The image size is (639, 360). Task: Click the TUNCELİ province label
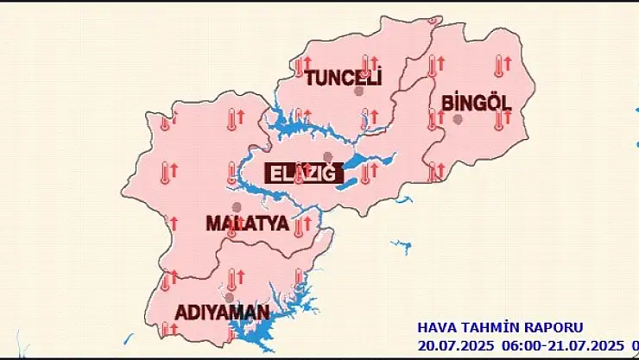(x=343, y=78)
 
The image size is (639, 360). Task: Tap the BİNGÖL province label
(x=476, y=103)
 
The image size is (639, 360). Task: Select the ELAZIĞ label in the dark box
(x=301, y=173)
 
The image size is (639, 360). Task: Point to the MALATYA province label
(x=247, y=223)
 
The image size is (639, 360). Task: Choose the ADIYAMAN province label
(x=222, y=312)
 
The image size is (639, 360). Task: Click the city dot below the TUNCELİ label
(x=358, y=91)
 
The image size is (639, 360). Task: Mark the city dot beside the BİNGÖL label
(x=459, y=119)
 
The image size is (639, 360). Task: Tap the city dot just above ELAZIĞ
(x=327, y=156)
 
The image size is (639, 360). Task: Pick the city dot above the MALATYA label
(x=237, y=206)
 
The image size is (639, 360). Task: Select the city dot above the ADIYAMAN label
(x=229, y=297)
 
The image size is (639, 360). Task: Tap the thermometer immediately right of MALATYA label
(x=298, y=227)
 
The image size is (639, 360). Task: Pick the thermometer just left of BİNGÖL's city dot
(x=433, y=119)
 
